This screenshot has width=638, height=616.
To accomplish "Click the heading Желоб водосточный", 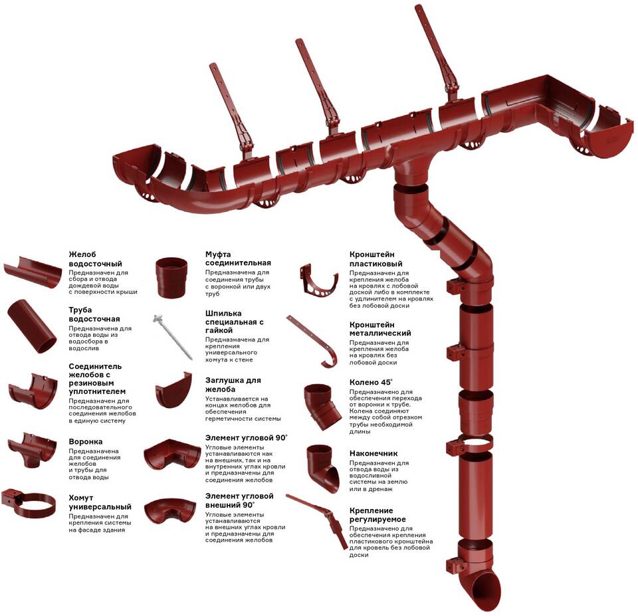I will point(96,259).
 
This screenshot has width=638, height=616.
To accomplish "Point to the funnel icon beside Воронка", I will point(32,450).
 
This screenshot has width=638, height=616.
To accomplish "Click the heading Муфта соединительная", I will point(238,258).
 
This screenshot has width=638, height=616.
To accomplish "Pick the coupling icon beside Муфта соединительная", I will point(171,278).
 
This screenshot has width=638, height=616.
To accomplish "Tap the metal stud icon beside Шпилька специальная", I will point(172,336).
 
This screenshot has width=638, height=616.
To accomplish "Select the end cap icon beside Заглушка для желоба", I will point(173,390).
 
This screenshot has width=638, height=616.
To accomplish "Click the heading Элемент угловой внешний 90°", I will point(239,500).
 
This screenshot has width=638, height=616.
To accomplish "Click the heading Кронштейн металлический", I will point(380,329).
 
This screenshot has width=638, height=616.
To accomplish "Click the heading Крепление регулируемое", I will point(377,515).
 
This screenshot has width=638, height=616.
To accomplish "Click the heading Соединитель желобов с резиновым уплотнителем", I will point(97,379).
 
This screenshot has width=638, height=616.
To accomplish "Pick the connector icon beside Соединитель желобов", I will point(33,391).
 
